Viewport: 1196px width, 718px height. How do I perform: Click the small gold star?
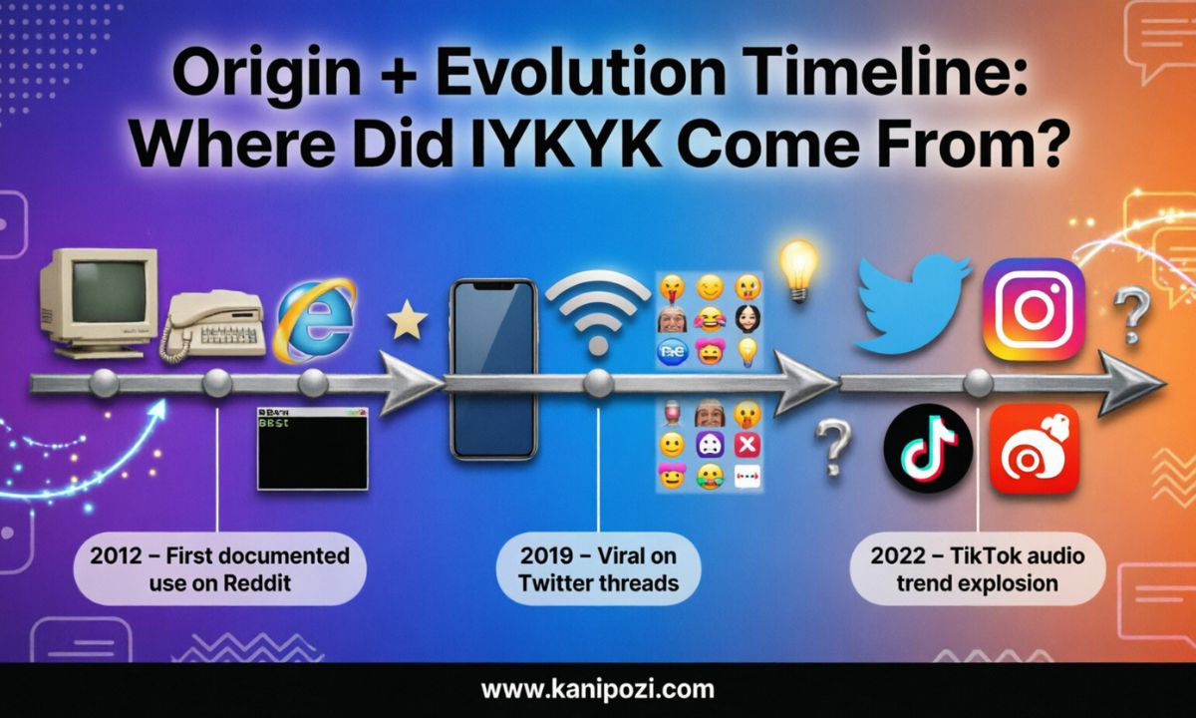(x=406, y=322)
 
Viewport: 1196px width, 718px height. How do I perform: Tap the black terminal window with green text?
(x=313, y=448)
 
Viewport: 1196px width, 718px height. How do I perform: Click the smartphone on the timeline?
(x=492, y=368)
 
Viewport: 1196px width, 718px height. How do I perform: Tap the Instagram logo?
(x=1033, y=309)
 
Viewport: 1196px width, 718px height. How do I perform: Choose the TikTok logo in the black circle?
(x=927, y=448)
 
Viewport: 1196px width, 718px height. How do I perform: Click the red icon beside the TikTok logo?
(x=1034, y=449)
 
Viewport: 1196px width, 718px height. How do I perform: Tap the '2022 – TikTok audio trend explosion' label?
(x=977, y=568)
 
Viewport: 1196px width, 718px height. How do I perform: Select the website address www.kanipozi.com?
(x=597, y=689)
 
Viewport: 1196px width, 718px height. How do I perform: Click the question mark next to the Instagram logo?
(x=1130, y=315)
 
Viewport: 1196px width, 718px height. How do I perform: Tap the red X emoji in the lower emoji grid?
(x=746, y=445)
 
